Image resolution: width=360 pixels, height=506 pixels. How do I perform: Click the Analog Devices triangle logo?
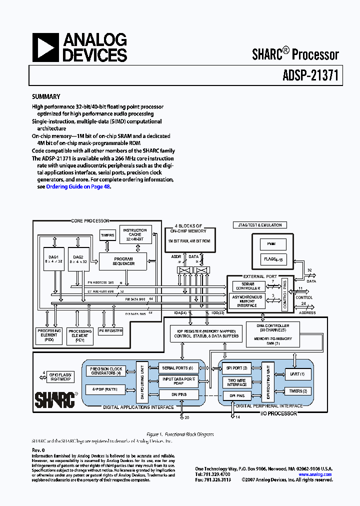tap(45, 47)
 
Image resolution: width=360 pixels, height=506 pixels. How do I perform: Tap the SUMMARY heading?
tap(46, 97)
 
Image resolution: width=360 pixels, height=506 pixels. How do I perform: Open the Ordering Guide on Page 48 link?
tap(78, 186)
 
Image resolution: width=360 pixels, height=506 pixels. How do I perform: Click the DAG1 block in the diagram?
tap(51, 260)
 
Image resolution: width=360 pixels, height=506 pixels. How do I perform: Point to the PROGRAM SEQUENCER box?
tap(123, 261)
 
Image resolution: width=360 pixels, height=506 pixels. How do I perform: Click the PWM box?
tap(273, 244)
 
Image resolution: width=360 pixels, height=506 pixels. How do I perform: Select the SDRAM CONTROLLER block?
tap(247, 286)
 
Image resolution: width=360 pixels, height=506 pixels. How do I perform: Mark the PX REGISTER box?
tap(110, 331)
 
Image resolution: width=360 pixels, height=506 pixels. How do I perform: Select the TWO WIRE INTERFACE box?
tap(237, 382)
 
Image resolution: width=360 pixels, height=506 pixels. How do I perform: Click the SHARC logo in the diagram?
tap(54, 399)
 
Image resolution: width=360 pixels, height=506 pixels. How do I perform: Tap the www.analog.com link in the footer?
tap(315, 474)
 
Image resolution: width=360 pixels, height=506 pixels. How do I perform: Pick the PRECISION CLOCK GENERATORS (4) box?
tap(106, 371)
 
